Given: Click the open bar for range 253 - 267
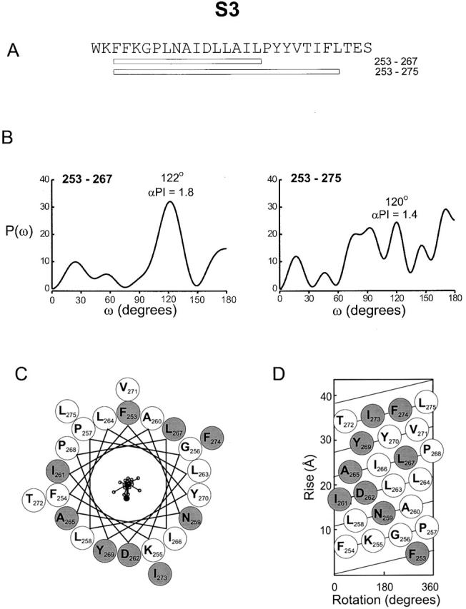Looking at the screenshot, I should pos(187,61).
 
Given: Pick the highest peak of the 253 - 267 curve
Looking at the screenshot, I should pos(169,202).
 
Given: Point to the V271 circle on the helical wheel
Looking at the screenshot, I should pos(128,390).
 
